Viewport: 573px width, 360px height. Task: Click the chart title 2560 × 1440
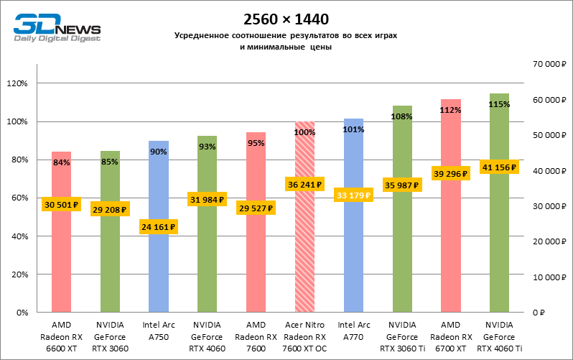pos(286,19)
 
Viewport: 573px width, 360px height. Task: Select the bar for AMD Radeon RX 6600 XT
pos(61,251)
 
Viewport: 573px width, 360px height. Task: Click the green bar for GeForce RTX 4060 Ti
pos(499,237)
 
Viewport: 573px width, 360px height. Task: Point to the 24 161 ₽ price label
pos(159,226)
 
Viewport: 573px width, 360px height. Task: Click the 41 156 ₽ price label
pos(499,167)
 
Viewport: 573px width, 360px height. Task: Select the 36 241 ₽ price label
pos(305,184)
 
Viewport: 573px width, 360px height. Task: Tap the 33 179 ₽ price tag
pos(353,195)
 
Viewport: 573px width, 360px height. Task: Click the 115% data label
pos(499,104)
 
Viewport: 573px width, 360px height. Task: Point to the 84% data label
pos(61,162)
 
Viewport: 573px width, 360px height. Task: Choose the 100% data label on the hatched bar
pos(305,132)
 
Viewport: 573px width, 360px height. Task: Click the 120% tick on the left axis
pos(17,83)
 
